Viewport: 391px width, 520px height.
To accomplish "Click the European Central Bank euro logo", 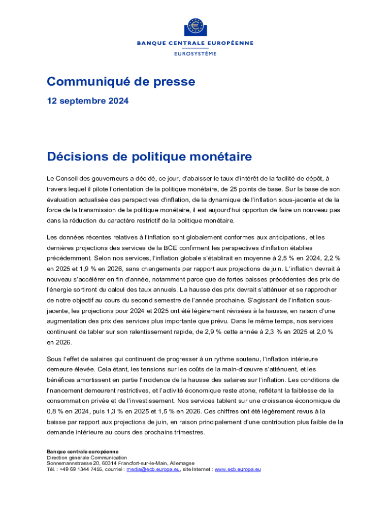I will pos(195,26).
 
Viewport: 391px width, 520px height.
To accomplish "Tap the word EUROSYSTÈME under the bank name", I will pos(195,53).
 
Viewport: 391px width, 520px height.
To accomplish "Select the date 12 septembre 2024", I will pos(87,101).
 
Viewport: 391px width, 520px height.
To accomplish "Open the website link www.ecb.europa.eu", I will pos(238,469).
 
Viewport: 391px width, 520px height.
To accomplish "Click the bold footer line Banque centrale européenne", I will pos(82,451).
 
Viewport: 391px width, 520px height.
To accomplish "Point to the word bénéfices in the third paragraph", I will pos(60,379).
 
